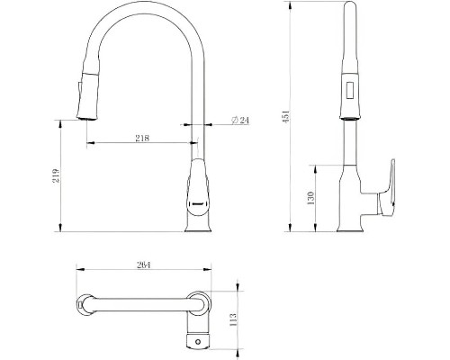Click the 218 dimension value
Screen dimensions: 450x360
pos(142,138)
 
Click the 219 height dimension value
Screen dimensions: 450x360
pos(57,176)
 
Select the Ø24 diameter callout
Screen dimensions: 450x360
pos(240,120)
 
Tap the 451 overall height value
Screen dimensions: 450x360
pos(286,116)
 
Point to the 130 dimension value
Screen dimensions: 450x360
pos(310,198)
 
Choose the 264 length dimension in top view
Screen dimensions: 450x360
pos(144,265)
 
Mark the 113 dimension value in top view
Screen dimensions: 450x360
pos(233,319)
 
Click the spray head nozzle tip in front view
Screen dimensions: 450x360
pos(87,118)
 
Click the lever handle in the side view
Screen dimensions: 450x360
pos(387,189)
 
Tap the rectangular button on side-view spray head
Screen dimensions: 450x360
pos(349,90)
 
